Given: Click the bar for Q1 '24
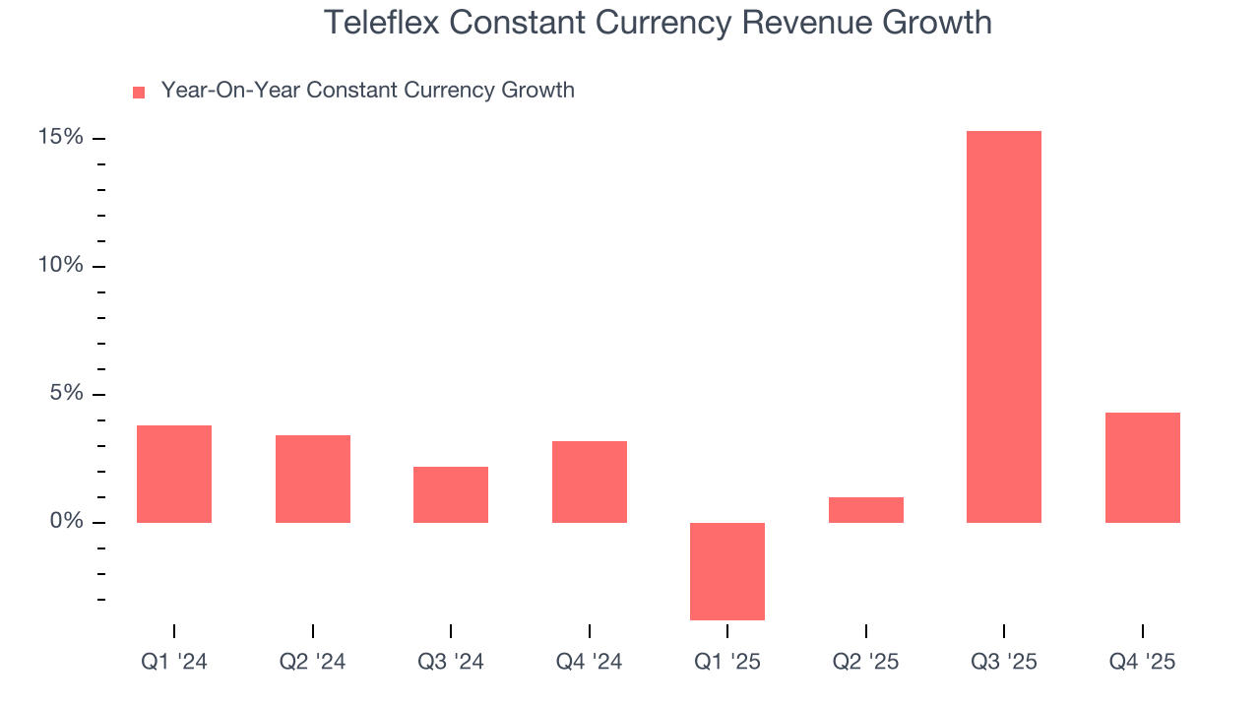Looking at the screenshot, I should click(x=174, y=474).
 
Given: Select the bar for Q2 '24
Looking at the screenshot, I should click(x=313, y=479).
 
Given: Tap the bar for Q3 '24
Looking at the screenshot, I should click(x=451, y=494).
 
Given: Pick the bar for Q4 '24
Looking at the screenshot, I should click(x=590, y=482).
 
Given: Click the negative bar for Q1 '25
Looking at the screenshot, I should click(x=727, y=571).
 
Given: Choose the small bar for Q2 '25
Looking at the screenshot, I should click(x=866, y=510).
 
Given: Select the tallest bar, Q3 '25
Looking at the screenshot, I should click(x=1004, y=327).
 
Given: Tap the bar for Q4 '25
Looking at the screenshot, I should click(x=1143, y=468).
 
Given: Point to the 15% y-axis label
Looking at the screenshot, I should click(x=60, y=138).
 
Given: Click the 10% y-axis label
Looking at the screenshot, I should click(x=60, y=266).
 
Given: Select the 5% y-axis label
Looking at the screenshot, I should click(x=66, y=394).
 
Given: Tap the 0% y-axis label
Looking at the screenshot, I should click(x=66, y=522).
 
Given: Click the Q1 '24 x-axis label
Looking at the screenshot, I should click(x=174, y=663).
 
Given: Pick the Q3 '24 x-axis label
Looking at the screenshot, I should click(x=451, y=663).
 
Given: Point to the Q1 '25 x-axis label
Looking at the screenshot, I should click(x=727, y=663).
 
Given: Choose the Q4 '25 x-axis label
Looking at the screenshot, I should click(x=1143, y=663).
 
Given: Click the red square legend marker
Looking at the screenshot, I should click(x=139, y=93).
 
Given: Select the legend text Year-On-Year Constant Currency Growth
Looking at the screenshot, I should click(x=367, y=91).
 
